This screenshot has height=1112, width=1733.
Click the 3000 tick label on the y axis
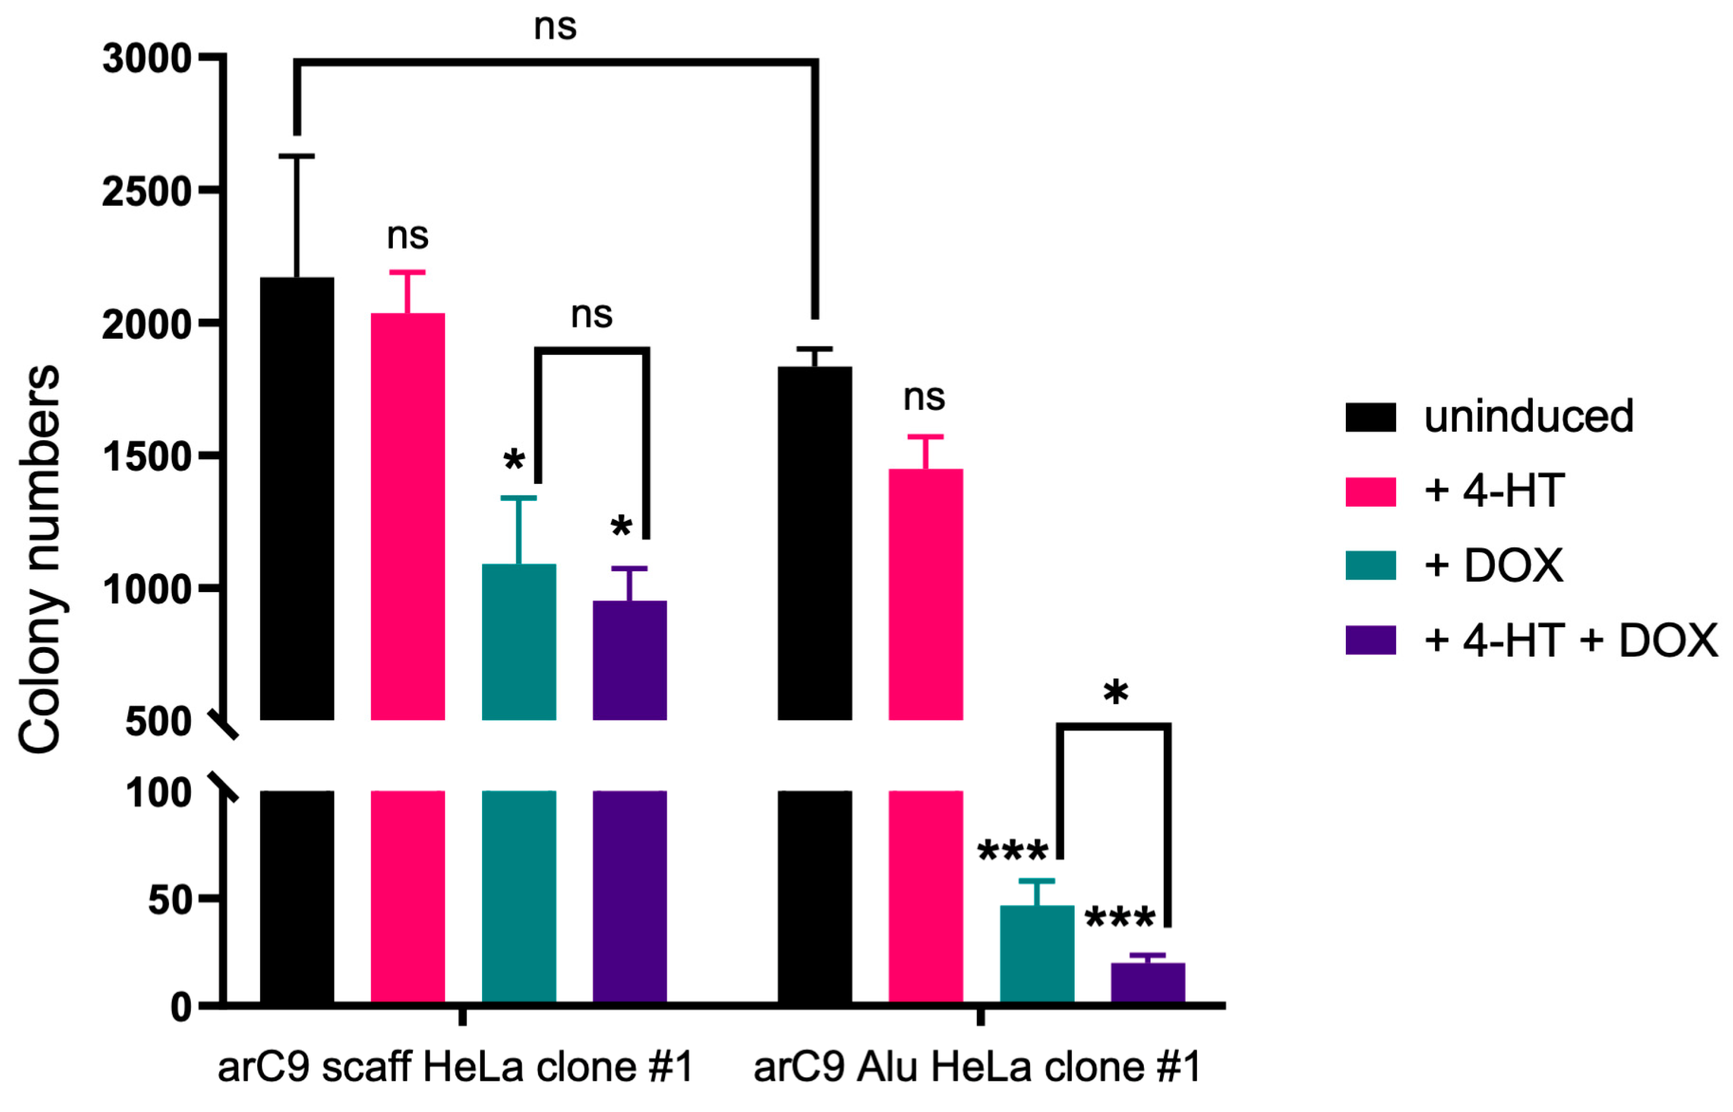pyautogui.click(x=147, y=59)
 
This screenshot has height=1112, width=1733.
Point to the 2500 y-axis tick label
pyautogui.click(x=147, y=192)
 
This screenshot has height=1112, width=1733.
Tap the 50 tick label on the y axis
pyautogui.click(x=170, y=901)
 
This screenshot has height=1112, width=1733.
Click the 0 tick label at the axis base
pyautogui.click(x=181, y=1007)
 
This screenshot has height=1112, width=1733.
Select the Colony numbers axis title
pyautogui.click(x=40, y=560)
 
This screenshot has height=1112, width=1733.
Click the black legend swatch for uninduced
pyautogui.click(x=1370, y=417)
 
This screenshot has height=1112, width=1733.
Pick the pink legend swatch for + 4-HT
pyautogui.click(x=1370, y=492)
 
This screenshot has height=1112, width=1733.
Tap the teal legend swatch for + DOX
pyautogui.click(x=1370, y=565)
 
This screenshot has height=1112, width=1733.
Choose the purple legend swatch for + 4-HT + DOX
pyautogui.click(x=1370, y=640)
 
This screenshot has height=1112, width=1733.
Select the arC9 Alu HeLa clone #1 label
pyautogui.click(x=977, y=1067)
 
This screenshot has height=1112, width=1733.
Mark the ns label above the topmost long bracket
pyautogui.click(x=555, y=27)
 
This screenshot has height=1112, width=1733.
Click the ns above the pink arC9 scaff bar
pyautogui.click(x=407, y=236)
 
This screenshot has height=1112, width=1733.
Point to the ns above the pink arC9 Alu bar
pyautogui.click(x=923, y=398)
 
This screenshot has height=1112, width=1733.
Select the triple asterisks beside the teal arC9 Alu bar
pyautogui.click(x=1012, y=852)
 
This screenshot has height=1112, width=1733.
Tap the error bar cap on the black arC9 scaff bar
pyautogui.click(x=297, y=156)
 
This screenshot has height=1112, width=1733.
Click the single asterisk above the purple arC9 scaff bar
pyautogui.click(x=620, y=528)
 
